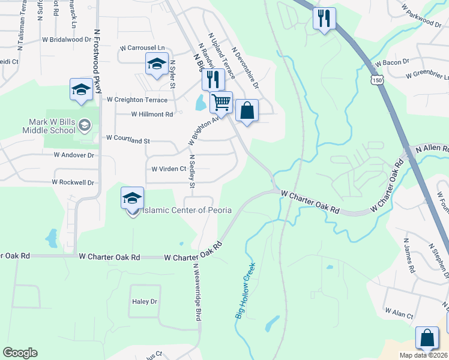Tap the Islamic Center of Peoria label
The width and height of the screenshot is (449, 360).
click(x=178, y=210)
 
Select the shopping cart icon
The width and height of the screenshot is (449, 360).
click(x=221, y=103)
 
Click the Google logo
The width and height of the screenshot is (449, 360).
click(x=20, y=353)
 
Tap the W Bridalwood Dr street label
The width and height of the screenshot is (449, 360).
click(x=67, y=39)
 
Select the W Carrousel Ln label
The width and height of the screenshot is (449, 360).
click(x=142, y=47)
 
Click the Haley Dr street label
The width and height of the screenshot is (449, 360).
click(x=144, y=301)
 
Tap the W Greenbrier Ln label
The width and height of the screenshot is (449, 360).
click(x=427, y=75)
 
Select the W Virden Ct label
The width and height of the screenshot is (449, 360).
click(x=169, y=169)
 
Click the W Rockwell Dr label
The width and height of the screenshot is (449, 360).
click(x=74, y=182)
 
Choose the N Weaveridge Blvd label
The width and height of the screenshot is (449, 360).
click(x=196, y=294)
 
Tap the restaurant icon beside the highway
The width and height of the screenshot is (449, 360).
click(x=324, y=19)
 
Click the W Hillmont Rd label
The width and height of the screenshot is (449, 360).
click(x=152, y=113)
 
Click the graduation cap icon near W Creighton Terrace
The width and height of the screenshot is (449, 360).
click(x=80, y=90)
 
